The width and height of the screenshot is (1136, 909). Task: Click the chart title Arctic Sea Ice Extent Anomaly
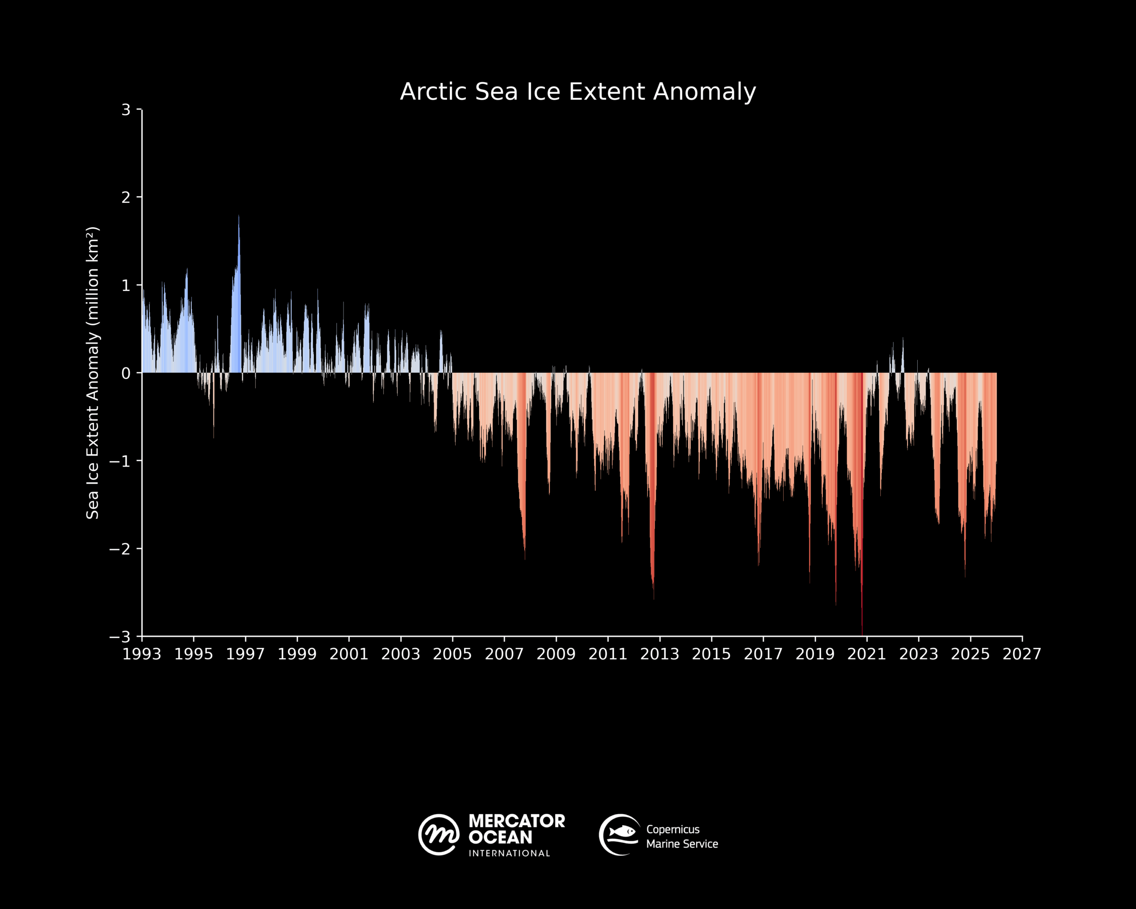[578, 92]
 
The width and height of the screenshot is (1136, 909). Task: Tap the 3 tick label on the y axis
[126, 110]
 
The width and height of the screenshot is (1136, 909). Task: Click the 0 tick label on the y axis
[126, 373]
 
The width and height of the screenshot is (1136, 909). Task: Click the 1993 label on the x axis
[142, 655]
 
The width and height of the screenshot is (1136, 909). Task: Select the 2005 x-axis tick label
[452, 655]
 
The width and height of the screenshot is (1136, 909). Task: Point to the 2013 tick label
[659, 655]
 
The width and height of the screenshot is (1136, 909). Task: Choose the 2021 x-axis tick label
[866, 655]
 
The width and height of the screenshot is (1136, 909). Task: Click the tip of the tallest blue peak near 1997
[239, 216]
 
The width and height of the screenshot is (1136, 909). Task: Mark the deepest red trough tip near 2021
[862, 634]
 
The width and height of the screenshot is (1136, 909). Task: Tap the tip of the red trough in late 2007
[525, 558]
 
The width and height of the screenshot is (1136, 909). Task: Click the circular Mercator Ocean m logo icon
[439, 835]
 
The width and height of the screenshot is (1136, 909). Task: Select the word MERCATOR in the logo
[517, 821]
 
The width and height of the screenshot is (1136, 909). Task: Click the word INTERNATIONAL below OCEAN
[509, 853]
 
